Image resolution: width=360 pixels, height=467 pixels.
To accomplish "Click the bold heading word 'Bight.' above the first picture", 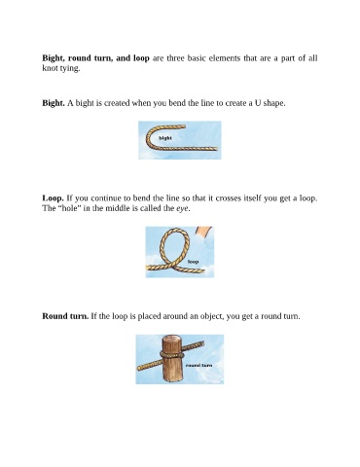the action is [54, 103].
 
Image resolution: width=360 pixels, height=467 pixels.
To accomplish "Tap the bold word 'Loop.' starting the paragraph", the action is [53, 198].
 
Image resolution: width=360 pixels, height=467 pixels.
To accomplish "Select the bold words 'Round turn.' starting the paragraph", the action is [65, 316].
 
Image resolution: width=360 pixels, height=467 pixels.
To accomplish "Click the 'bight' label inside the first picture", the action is [165, 138].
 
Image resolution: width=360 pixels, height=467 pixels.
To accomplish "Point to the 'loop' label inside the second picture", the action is [193, 262].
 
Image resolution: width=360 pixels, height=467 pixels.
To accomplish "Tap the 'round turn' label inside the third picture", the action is [199, 365].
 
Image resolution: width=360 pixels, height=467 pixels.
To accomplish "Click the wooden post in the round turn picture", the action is [173, 359].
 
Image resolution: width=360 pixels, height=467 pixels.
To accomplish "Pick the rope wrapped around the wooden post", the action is [172, 355].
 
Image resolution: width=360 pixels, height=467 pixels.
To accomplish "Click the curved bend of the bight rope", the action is [148, 137].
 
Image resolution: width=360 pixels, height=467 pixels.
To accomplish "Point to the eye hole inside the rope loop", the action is [174, 246].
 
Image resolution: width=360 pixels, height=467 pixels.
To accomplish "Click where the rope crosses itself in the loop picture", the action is [171, 267].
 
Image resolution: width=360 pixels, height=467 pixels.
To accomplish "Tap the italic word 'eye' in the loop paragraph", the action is [183, 208].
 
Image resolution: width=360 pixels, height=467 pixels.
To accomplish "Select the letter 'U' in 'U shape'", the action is [258, 103].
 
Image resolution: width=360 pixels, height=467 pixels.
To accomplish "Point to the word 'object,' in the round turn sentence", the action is [212, 316].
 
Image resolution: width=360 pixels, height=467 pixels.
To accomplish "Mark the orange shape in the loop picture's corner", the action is [203, 232].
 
